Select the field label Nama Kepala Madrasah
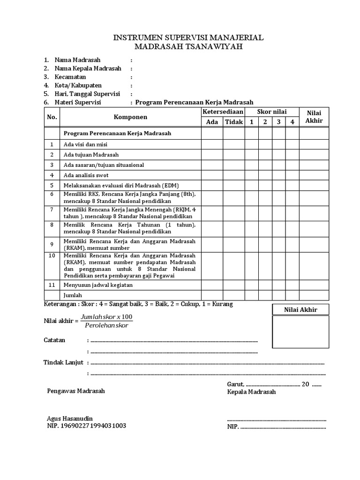pyautogui.click(x=88, y=68)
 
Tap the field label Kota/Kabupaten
pyautogui.click(x=78, y=85)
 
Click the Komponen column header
pyautogui.click(x=130, y=117)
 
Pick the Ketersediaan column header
pyautogui.click(x=223, y=112)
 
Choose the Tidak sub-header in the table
pyautogui.click(x=233, y=122)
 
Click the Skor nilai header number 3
pyautogui.click(x=278, y=122)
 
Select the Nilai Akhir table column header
pyautogui.click(x=314, y=117)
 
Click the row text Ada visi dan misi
pyautogui.click(x=85, y=144)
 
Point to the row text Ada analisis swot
pyautogui.click(x=87, y=175)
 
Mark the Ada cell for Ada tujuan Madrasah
pyautogui.click(x=212, y=155)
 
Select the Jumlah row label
pyautogui.click(x=73, y=295)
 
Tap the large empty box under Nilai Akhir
pyautogui.click(x=300, y=331)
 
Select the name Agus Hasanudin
pyautogui.click(x=70, y=418)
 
